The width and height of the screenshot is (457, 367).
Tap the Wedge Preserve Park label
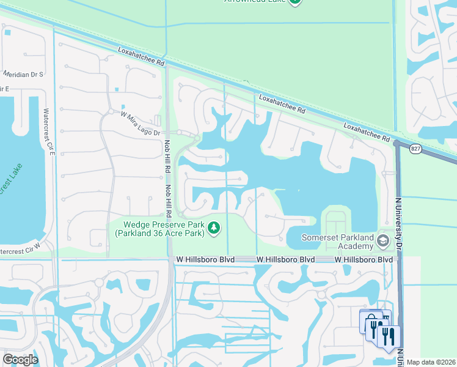pos(160,229)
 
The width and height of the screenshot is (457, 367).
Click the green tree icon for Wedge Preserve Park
pos(213,228)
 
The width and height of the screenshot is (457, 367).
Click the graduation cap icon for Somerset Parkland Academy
pos(383,241)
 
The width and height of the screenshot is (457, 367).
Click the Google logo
pos(20,359)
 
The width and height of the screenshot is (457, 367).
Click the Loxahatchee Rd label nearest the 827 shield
pos(367,132)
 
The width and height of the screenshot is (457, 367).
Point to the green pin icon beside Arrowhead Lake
pos(295,2)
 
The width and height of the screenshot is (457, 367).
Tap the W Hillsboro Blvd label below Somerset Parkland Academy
pos(364,260)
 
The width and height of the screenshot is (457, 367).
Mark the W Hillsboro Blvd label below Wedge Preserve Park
pos(202,260)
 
